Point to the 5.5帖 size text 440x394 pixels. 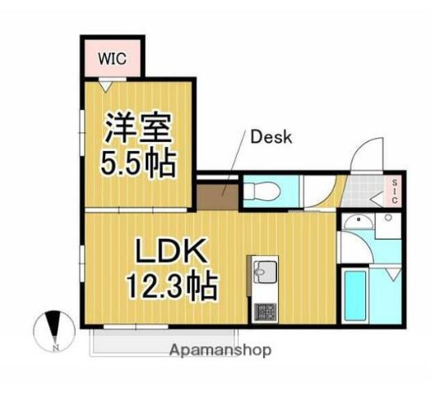point(138,166)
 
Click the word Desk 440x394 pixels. point(271,137)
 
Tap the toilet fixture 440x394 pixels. point(262,192)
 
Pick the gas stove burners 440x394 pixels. point(264,312)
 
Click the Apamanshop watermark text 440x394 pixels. point(220,350)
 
